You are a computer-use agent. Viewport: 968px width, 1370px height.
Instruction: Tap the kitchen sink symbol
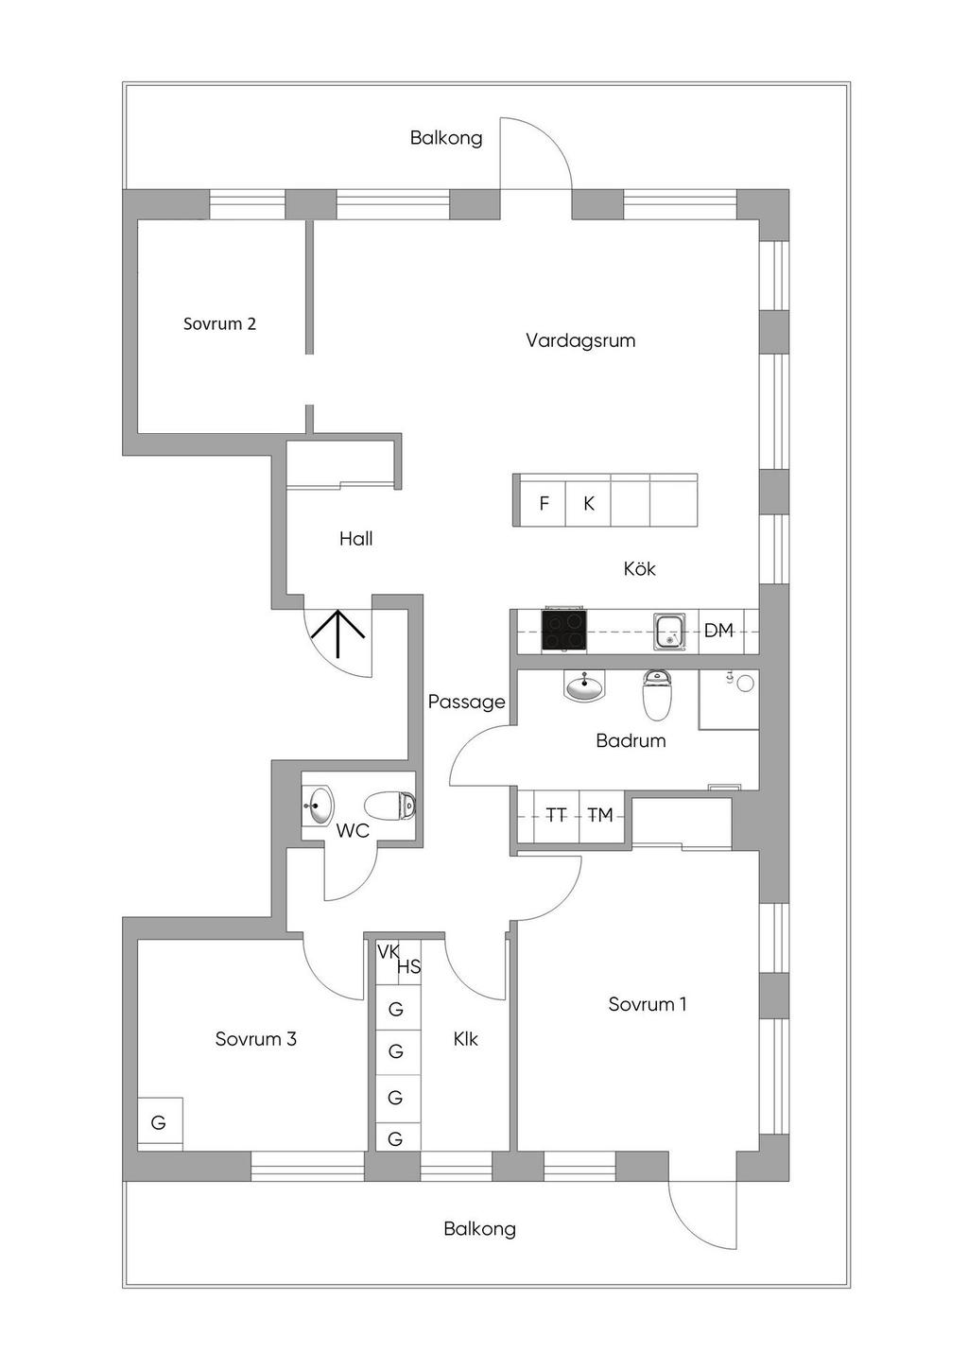click(x=670, y=632)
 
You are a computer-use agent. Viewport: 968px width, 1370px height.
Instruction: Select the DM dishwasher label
click(x=718, y=631)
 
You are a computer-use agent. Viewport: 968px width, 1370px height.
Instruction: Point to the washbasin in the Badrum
click(x=584, y=686)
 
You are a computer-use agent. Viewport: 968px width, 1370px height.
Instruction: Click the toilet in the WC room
click(x=390, y=806)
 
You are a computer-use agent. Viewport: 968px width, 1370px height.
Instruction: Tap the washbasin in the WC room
click(x=319, y=806)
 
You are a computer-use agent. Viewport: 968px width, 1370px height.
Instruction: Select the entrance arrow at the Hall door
click(x=338, y=634)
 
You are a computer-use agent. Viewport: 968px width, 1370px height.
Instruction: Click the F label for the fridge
click(x=544, y=504)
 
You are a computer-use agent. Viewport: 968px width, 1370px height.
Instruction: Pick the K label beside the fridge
click(x=588, y=504)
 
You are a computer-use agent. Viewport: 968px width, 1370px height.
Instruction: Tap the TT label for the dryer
click(x=556, y=815)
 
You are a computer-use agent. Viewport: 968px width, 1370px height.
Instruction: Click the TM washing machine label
click(x=600, y=815)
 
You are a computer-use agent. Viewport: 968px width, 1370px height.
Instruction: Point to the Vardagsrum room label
click(x=580, y=340)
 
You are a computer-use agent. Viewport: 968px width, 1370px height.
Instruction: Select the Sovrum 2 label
click(x=219, y=324)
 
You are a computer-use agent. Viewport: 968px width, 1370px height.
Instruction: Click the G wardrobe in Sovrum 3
click(x=159, y=1123)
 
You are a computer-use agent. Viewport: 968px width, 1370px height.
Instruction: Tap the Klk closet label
click(x=465, y=1039)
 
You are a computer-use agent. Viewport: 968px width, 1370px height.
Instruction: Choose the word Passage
click(x=466, y=702)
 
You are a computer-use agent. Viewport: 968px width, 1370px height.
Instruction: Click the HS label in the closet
click(x=408, y=967)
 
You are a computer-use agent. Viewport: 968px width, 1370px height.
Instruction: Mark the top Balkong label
click(x=446, y=138)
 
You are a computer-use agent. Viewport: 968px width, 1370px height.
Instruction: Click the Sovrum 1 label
click(x=648, y=1005)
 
